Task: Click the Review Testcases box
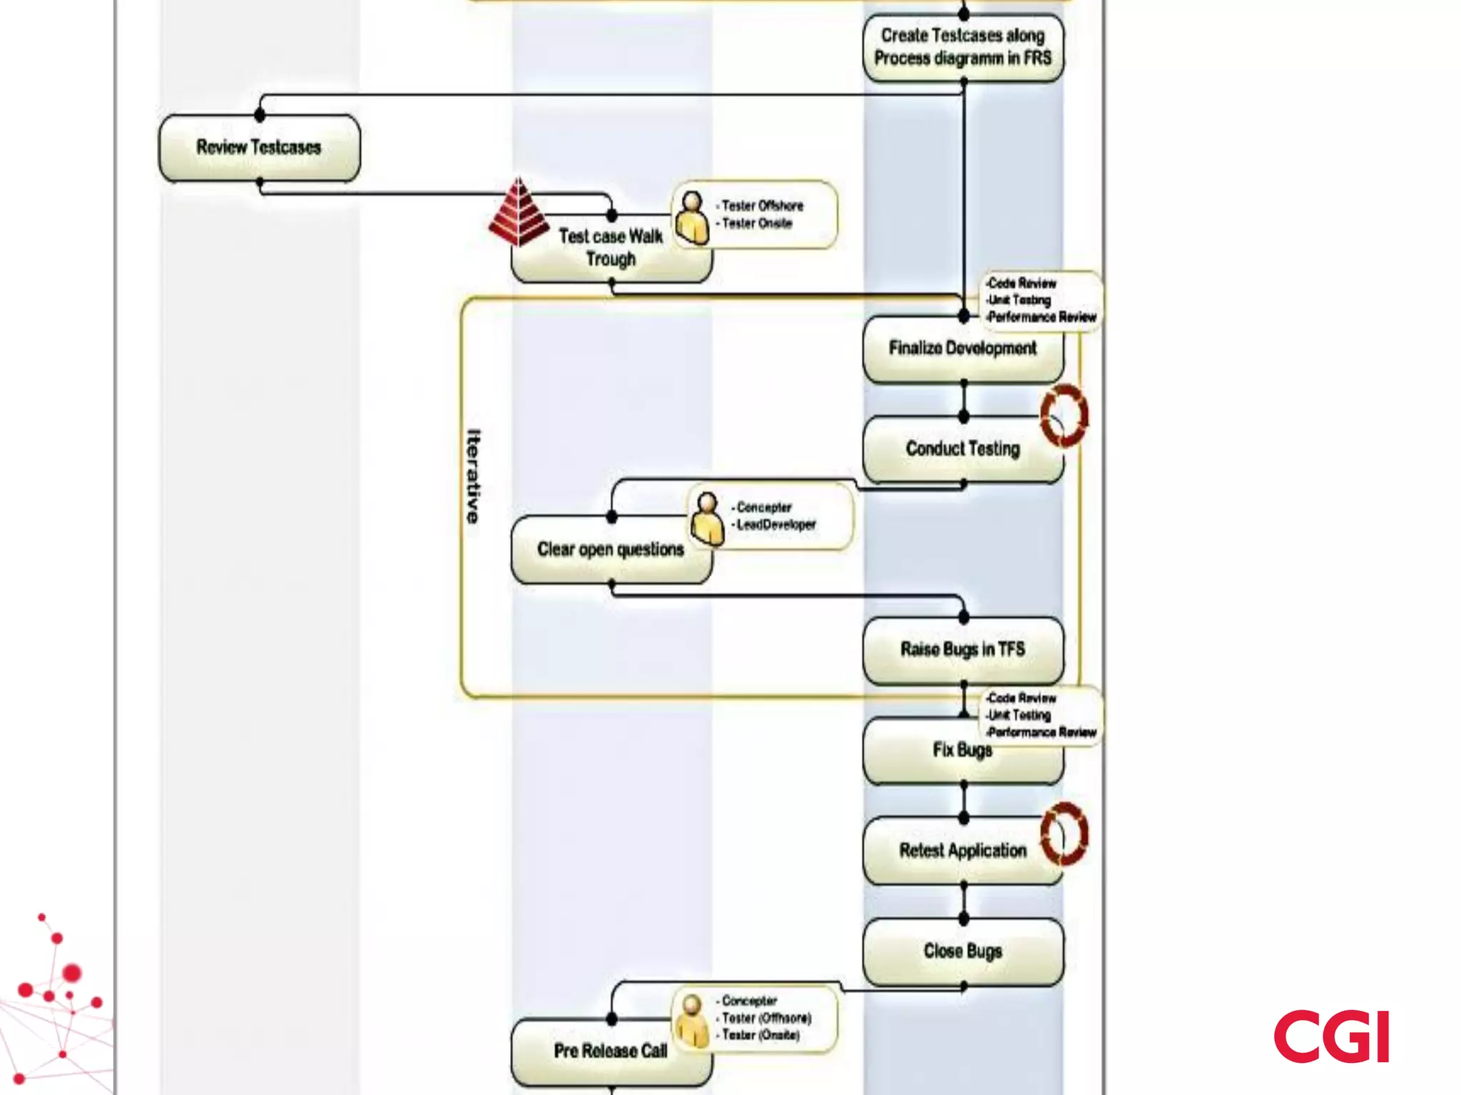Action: (259, 148)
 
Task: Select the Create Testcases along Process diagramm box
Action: (963, 47)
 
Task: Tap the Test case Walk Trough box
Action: (611, 248)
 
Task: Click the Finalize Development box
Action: (962, 349)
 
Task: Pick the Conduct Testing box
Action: (962, 449)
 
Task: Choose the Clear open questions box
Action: (610, 550)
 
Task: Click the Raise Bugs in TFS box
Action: (962, 649)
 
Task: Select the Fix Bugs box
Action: (962, 751)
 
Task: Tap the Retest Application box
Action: (962, 850)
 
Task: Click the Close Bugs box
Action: (962, 951)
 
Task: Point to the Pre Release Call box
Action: (610, 1051)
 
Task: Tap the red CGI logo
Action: (1331, 1036)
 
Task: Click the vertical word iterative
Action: (473, 475)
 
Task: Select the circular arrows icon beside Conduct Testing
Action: (1064, 416)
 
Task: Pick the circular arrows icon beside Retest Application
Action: (1064, 833)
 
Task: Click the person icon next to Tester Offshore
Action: (692, 217)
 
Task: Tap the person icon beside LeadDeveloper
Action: (707, 518)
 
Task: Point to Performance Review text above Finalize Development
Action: (1042, 317)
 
